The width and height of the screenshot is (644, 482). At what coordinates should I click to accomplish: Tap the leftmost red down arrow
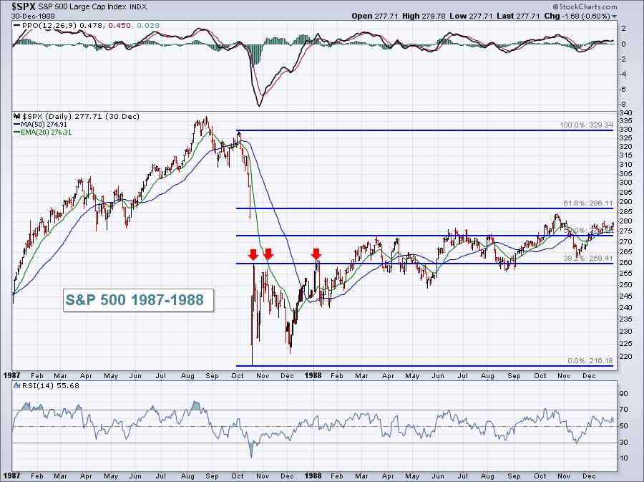point(253,254)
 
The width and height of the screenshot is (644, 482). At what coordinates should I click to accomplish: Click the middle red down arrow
point(268,254)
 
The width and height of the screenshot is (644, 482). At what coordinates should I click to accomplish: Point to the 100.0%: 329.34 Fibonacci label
point(586,125)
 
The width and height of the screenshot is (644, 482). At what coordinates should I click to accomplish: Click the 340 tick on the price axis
point(625,113)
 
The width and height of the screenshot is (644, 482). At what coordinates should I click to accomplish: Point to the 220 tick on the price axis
point(625,355)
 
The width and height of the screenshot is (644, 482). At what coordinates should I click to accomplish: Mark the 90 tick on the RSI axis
point(623,394)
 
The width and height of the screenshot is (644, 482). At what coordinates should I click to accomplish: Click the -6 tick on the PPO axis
point(624,90)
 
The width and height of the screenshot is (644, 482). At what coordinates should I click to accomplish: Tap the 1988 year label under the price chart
point(313,375)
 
